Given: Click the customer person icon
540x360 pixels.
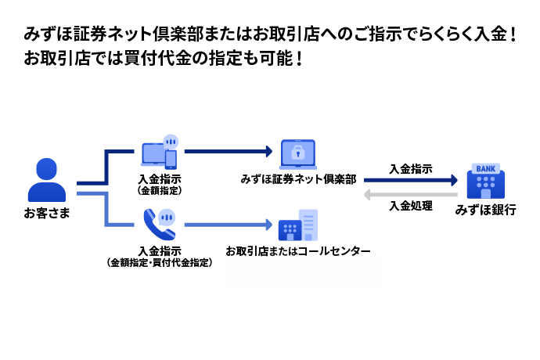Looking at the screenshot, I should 46,180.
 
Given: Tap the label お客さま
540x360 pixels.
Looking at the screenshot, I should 47,213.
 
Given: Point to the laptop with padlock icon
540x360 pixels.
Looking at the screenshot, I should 297,154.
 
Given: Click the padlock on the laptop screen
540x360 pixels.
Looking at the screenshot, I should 297,152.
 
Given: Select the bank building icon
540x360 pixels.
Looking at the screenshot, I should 485,182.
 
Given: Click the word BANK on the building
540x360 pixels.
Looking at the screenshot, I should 485,169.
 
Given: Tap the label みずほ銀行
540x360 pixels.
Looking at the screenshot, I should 485,211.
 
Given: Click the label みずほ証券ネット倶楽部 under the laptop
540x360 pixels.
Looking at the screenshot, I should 299,179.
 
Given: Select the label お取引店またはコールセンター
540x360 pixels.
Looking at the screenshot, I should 298,251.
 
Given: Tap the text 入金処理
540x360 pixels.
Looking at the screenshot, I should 411,207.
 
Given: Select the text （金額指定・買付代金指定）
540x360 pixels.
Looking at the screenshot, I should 160,263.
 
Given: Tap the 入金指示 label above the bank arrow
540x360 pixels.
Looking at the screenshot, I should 411,167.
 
